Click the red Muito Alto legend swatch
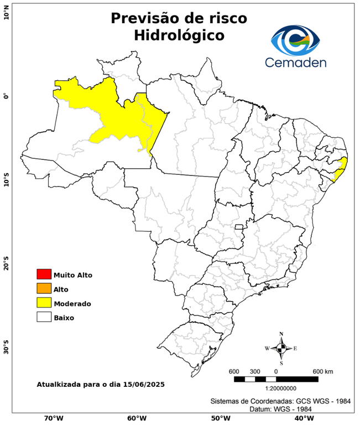click(44, 274)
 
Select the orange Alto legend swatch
click(44, 288)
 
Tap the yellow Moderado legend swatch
click(44, 303)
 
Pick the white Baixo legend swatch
click(44, 317)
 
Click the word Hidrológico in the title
click(179, 35)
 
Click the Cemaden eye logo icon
click(295, 40)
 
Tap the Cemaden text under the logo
click(295, 62)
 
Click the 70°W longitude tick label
click(53, 418)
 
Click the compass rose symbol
click(281, 348)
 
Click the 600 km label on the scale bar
click(322, 371)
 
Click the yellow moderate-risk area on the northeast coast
click(341, 168)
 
